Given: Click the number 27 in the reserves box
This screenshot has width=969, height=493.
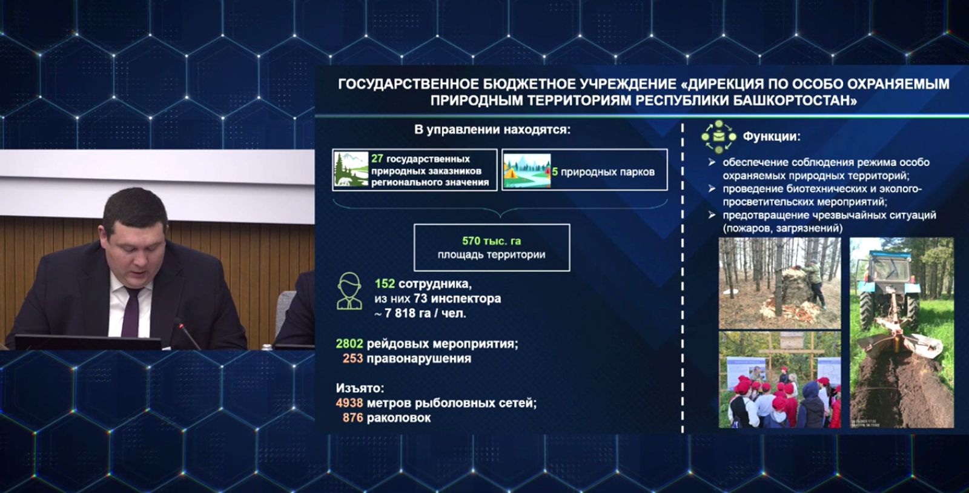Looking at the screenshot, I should [x=377, y=159].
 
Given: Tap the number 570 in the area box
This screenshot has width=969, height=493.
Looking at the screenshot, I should [x=471, y=241].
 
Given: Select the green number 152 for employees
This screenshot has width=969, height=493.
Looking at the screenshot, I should [x=385, y=283].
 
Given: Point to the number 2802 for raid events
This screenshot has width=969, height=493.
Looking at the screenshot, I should [x=349, y=344].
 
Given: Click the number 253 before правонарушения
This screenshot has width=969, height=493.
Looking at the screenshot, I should [x=352, y=359].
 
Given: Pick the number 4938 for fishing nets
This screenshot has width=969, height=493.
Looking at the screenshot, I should [x=349, y=403].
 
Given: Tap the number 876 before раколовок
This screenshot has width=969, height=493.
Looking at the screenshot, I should [x=352, y=417].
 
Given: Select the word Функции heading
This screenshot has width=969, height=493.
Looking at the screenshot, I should [x=771, y=137].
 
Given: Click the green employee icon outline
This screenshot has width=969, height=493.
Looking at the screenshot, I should [x=349, y=291].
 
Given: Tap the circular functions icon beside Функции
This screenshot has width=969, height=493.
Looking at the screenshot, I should [x=718, y=137].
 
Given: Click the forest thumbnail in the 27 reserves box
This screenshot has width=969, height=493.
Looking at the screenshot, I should [x=351, y=170].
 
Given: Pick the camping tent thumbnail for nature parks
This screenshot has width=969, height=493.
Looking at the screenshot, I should [x=526, y=171].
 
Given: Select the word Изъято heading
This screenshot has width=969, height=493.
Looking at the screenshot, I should [x=360, y=388].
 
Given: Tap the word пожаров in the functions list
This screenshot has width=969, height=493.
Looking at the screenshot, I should [x=749, y=228].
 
